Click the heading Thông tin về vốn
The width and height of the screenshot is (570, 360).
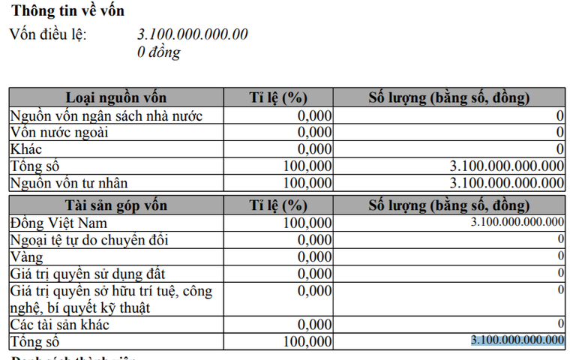[68, 10]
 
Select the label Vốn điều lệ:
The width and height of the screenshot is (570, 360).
[48, 34]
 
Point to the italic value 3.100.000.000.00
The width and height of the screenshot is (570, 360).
[193, 34]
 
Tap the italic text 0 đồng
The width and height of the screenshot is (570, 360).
[159, 52]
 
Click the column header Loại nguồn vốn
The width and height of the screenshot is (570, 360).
[116, 97]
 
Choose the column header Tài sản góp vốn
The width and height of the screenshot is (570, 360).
[116, 205]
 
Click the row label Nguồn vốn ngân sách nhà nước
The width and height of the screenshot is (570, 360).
[106, 115]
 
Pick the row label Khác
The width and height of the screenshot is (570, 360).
[26, 148]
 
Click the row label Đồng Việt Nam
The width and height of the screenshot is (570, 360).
[59, 223]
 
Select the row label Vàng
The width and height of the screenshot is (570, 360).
[27, 256]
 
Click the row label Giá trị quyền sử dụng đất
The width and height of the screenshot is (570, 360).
[88, 274]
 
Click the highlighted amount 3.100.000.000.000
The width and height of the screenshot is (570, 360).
[517, 340]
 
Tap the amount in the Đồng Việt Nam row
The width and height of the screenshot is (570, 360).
[517, 222]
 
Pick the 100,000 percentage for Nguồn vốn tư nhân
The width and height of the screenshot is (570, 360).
[307, 182]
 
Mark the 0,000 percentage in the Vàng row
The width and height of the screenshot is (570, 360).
[313, 256]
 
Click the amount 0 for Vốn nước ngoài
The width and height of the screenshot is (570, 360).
[559, 132]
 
